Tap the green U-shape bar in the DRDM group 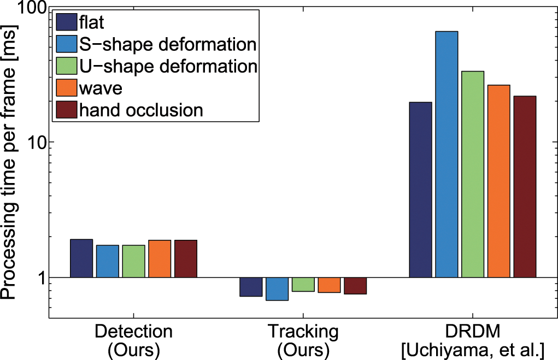pos(472,174)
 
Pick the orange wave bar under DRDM pos(498,181)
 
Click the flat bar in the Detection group pos(81,258)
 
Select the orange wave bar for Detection pos(160,259)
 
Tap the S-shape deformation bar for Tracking pos(277,289)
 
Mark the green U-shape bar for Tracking pos(303,285)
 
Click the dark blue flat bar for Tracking pos(251,287)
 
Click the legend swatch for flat pos(66,22)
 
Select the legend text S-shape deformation pos(168,44)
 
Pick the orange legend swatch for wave pos(66,88)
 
